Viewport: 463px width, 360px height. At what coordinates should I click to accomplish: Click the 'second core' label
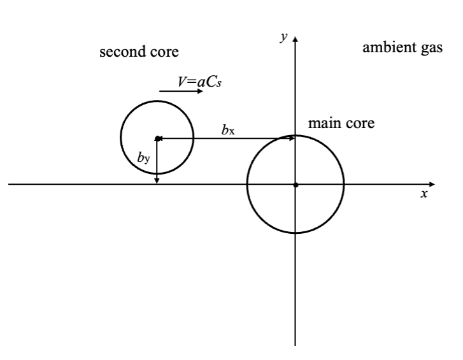pos(139,52)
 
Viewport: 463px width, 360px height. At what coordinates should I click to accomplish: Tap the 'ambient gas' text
pos(402,48)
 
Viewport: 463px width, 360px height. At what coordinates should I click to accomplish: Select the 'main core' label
pos(341,123)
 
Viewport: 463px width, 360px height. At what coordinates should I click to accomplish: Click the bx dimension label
pos(229,130)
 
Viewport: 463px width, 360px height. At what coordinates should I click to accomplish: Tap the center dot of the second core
pos(157,138)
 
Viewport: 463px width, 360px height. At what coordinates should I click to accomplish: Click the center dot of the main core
pos(296,185)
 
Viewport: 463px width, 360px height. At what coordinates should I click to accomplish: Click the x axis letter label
pos(424,194)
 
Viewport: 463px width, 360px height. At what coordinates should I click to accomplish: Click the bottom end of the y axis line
pos(296,346)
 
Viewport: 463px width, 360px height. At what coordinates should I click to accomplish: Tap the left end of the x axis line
pos(9,184)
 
